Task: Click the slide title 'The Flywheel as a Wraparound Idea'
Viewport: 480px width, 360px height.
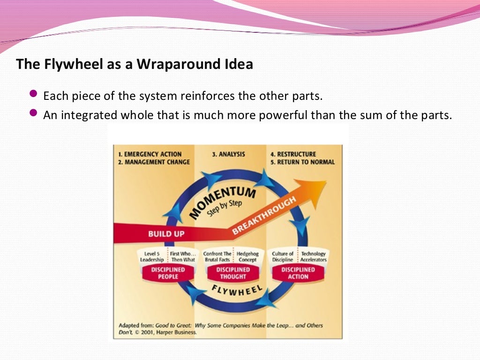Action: tap(135, 64)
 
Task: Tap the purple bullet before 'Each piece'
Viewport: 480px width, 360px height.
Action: tap(33, 94)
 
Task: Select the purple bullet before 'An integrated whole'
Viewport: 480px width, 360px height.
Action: tap(33, 113)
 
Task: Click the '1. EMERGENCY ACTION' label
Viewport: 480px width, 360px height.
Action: tap(150, 154)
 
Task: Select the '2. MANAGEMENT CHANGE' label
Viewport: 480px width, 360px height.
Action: tap(154, 162)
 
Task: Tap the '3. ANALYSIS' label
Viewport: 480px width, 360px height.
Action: tap(228, 154)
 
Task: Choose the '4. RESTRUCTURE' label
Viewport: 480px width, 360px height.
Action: tap(293, 154)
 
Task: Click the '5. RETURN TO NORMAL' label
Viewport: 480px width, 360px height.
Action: tap(302, 162)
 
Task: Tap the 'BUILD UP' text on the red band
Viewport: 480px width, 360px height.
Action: tap(166, 233)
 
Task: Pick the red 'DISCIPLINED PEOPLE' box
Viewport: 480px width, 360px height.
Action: tap(167, 273)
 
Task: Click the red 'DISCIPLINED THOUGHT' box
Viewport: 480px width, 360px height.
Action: tap(232, 273)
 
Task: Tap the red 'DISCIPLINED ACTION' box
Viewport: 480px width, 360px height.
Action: tap(298, 273)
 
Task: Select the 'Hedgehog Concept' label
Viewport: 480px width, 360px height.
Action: tap(247, 256)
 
